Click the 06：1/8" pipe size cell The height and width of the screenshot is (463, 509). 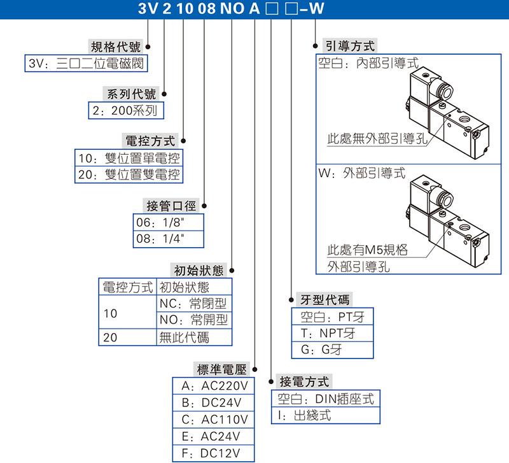(167, 222)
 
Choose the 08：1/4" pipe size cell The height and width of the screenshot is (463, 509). (167, 239)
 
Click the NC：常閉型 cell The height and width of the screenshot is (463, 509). (193, 304)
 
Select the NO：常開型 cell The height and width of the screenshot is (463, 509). (193, 320)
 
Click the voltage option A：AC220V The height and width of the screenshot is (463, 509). (214, 387)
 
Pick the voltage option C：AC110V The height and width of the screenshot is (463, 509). (214, 420)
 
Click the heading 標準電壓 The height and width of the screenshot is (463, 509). (223, 370)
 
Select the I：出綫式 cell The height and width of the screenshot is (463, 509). (305, 415)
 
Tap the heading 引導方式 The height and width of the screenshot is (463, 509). (349, 46)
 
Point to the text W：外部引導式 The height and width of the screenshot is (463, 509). (360, 173)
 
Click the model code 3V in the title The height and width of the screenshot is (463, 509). (148, 9)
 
